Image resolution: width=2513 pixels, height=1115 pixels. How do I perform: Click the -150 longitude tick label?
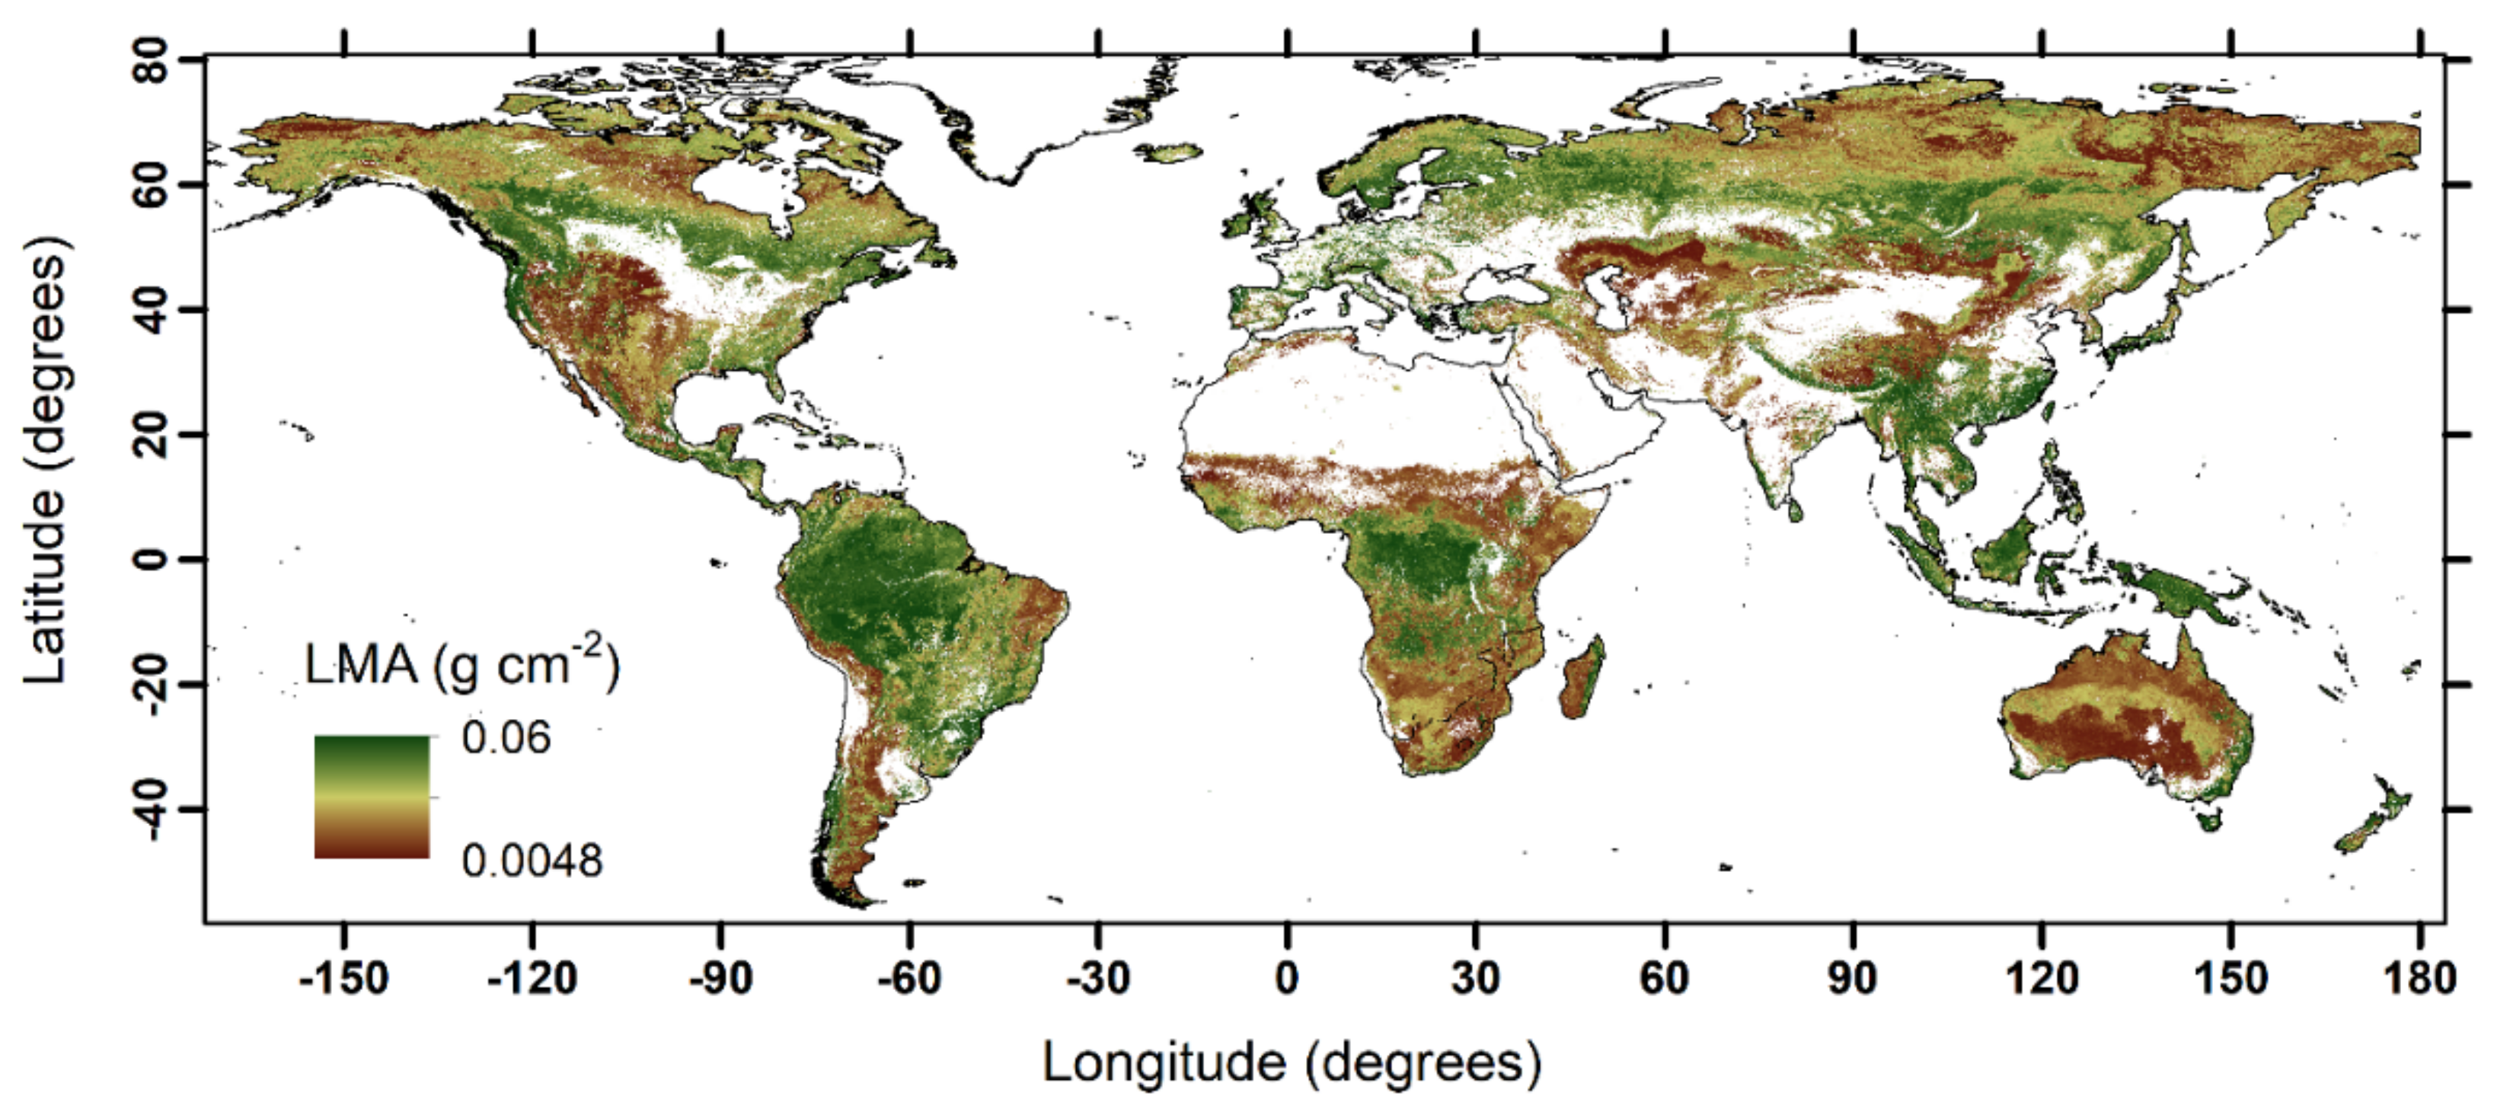click(x=343, y=977)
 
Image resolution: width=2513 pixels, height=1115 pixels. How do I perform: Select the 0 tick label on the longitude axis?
click(x=1287, y=977)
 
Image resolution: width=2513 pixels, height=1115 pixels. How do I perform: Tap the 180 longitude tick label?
click(x=2419, y=977)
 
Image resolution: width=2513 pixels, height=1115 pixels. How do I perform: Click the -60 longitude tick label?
click(x=909, y=977)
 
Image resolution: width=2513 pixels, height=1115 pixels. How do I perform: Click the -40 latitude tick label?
click(x=152, y=810)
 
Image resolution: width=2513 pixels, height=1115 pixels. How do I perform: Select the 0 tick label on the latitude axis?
click(x=152, y=559)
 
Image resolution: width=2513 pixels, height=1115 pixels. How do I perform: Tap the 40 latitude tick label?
click(x=152, y=309)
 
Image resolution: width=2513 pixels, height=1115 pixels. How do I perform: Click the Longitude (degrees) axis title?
click(x=1292, y=1062)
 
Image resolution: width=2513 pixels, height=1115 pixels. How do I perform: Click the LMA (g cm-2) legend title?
click(x=461, y=666)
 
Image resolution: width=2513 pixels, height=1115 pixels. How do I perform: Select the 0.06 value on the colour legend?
click(x=506, y=739)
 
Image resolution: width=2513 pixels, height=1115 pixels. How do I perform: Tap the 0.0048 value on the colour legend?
click(x=532, y=861)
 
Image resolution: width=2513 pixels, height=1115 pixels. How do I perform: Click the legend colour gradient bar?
click(x=372, y=797)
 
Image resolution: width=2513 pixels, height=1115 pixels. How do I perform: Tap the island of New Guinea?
click(x=2181, y=594)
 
